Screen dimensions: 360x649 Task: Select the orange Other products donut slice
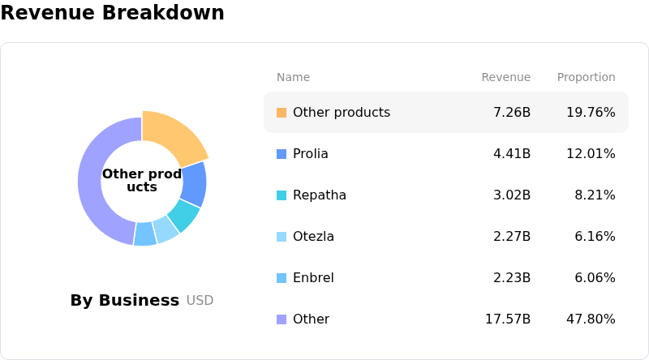[x=171, y=135]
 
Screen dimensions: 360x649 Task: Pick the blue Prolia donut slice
[x=193, y=184]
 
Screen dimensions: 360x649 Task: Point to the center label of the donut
[x=142, y=180]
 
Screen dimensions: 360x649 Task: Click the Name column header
[x=293, y=77]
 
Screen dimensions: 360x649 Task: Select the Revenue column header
[x=505, y=77]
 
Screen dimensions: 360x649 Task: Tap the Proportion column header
[x=586, y=77]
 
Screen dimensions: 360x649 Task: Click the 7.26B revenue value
[x=511, y=112]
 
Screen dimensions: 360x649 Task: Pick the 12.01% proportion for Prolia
[x=591, y=153]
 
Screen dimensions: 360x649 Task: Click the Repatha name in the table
[x=320, y=195]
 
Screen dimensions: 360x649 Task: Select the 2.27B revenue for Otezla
[x=511, y=236]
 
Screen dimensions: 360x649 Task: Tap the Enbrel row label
[x=313, y=277]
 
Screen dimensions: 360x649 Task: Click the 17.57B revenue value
[x=508, y=319]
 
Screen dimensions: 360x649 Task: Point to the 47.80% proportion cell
[x=591, y=319]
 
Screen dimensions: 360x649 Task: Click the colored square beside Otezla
[x=282, y=237]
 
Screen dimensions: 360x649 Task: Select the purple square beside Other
[x=282, y=319]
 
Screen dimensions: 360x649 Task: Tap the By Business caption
[x=124, y=300]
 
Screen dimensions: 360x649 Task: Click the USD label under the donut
[x=200, y=301]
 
